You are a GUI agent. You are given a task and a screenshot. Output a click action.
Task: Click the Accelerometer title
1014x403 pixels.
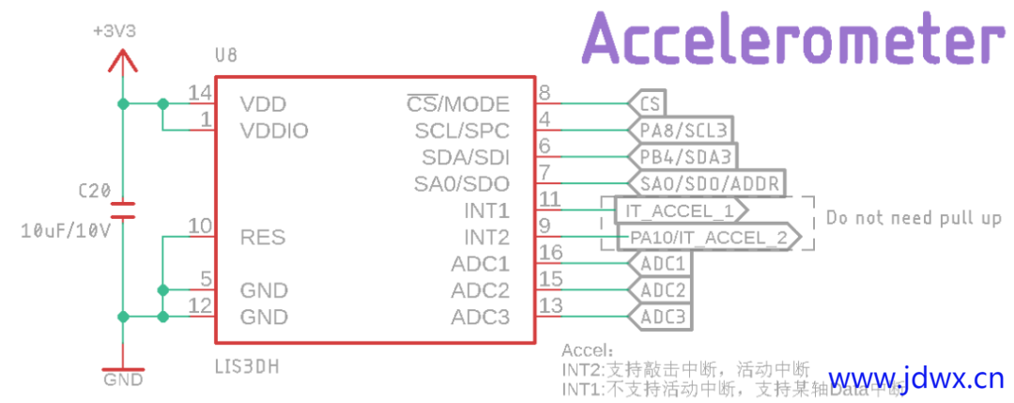tap(790, 40)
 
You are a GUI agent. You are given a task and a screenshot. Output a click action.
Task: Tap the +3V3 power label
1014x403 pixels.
tap(115, 31)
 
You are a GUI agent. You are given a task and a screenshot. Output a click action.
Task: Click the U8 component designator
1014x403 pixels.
tap(226, 56)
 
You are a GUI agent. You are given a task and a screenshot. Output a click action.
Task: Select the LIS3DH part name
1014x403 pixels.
tap(246, 364)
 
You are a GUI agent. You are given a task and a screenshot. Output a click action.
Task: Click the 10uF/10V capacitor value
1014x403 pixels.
tap(65, 230)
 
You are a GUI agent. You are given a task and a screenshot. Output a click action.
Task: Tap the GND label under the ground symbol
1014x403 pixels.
tap(123, 380)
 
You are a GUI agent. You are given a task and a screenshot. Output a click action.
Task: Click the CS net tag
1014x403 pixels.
tap(648, 103)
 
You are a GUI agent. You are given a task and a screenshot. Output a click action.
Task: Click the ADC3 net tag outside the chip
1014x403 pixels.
tap(663, 317)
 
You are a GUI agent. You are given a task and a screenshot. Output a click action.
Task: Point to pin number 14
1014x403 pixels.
tap(199, 93)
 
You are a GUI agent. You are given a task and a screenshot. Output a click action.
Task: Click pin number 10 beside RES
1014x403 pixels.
tap(199, 225)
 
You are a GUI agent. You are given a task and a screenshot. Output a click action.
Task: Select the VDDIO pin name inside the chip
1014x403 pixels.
tap(274, 131)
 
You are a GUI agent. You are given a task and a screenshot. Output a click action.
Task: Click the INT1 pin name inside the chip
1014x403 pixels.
tap(486, 209)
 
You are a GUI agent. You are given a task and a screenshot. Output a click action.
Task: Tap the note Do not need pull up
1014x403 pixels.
tap(913, 218)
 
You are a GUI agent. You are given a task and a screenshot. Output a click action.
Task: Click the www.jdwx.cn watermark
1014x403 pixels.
tap(915, 380)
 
